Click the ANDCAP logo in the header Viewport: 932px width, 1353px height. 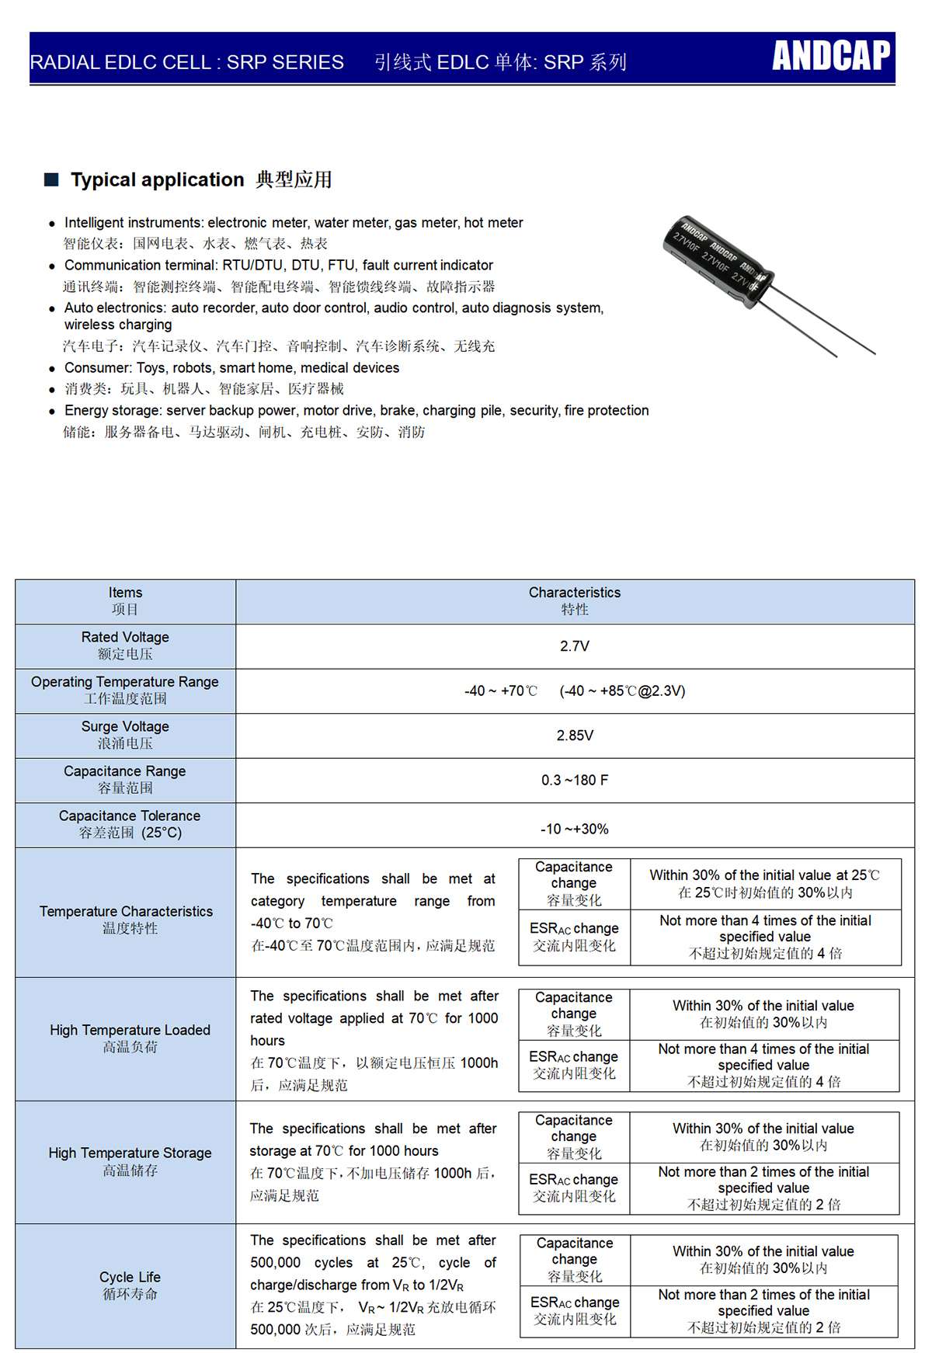point(831,56)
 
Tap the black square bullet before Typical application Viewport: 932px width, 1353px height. point(52,179)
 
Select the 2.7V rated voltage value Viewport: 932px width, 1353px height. point(575,646)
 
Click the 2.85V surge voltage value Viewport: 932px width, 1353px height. point(575,736)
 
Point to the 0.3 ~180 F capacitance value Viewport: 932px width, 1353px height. point(575,780)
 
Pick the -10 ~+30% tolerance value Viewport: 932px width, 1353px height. point(575,829)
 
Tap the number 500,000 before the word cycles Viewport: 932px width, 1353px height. point(275,1263)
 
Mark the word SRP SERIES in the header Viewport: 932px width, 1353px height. point(285,62)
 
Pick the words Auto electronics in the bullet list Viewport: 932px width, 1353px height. point(115,308)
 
